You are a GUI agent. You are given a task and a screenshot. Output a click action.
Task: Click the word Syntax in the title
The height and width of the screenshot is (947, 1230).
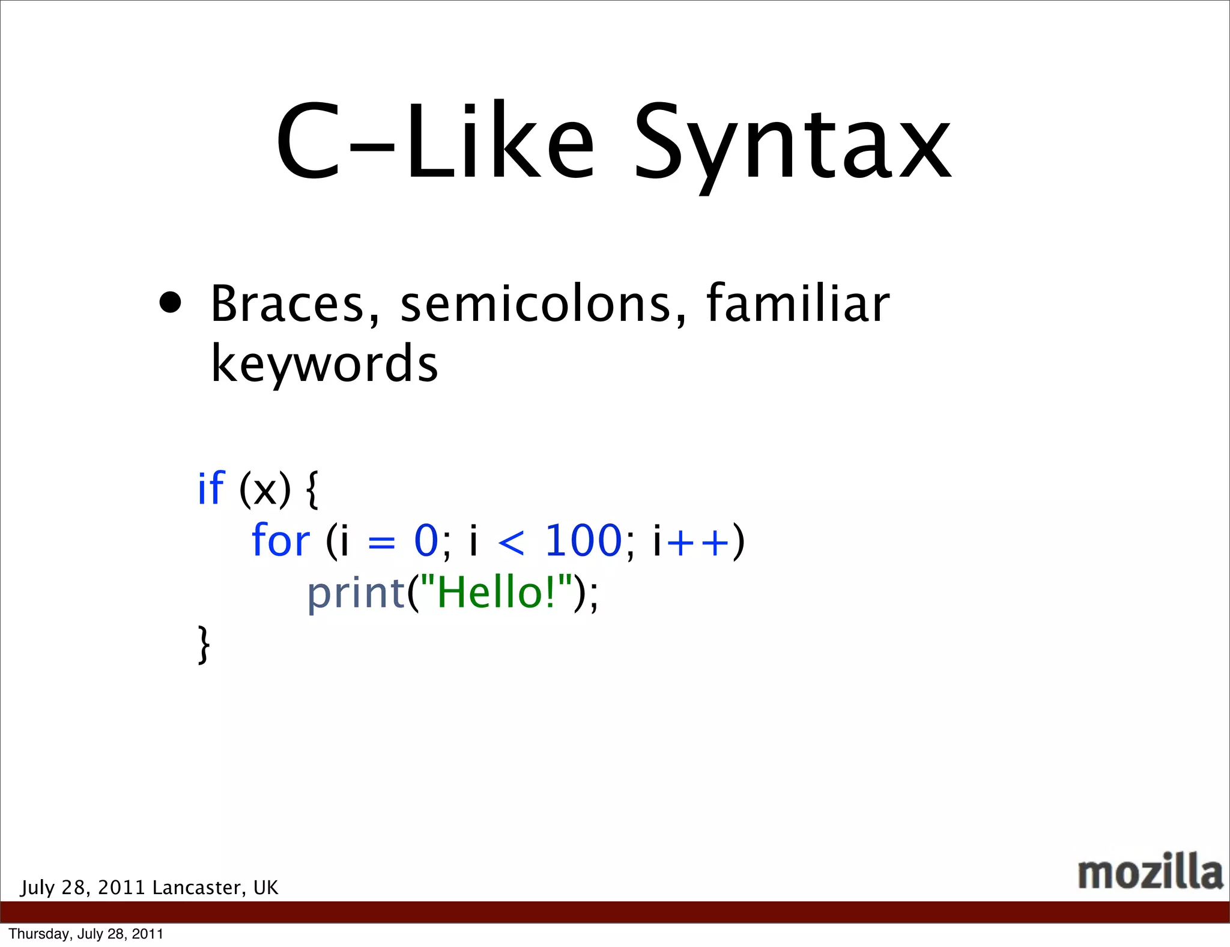tap(792, 144)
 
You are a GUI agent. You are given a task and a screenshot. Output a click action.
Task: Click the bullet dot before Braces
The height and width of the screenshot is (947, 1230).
tap(171, 303)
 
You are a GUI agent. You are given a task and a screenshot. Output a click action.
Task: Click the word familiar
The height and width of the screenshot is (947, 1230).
tap(798, 303)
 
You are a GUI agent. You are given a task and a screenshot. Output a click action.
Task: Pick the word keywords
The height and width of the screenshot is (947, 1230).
tap(324, 364)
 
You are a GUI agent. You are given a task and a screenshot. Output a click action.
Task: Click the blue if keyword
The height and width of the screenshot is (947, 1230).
tap(211, 488)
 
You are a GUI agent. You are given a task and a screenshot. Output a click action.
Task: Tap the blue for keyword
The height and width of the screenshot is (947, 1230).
tap(280, 540)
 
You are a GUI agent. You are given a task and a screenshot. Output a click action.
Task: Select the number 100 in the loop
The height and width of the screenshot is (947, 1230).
tap(583, 540)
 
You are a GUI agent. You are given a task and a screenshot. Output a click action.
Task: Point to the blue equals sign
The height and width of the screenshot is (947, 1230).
tap(381, 543)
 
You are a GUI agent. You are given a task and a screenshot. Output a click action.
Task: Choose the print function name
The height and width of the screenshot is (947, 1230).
tap(356, 594)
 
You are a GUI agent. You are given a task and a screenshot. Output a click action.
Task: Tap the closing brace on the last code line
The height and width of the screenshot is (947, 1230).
tap(204, 644)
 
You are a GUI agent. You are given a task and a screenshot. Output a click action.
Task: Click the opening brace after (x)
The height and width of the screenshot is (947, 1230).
tap(312, 489)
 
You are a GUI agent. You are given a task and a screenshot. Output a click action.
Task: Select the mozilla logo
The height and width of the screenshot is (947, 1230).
tap(1150, 872)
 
